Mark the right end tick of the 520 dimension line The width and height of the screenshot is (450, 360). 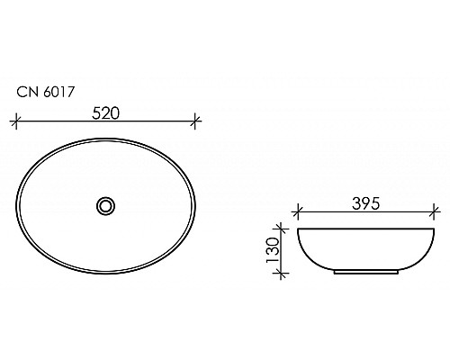click(x=197, y=120)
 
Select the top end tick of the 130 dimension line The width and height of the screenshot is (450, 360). click(x=284, y=229)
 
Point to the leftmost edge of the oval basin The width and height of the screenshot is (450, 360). click(x=19, y=206)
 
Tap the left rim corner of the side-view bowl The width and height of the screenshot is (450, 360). click(x=299, y=230)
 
